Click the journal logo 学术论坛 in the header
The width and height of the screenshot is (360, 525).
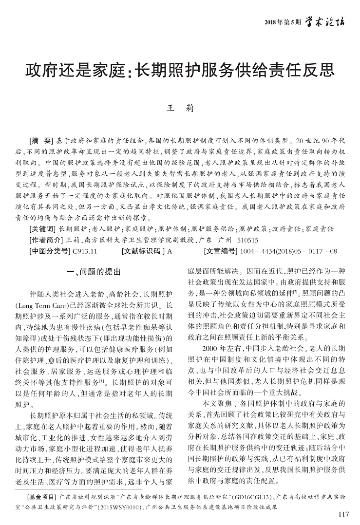click(325, 21)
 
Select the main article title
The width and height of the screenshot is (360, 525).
click(180, 71)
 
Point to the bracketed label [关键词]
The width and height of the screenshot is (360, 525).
click(43, 228)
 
